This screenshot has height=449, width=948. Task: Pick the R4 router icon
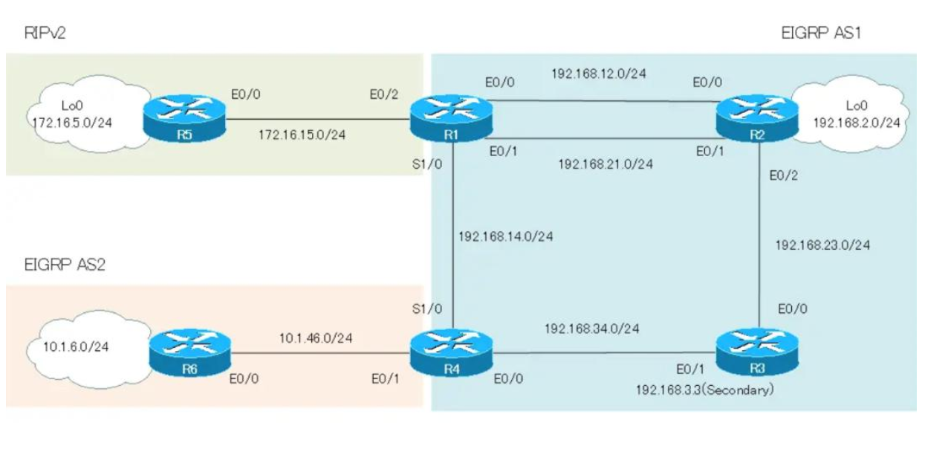tap(452, 352)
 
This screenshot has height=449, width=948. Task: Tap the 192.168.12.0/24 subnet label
tap(598, 74)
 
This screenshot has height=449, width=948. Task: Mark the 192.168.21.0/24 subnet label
tap(606, 164)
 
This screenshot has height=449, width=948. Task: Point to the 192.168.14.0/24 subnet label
tap(506, 237)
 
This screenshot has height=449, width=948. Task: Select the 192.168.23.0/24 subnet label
tap(822, 245)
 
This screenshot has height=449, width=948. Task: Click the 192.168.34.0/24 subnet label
tap(592, 328)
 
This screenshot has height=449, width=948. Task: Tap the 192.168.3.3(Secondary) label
tap(704, 390)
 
